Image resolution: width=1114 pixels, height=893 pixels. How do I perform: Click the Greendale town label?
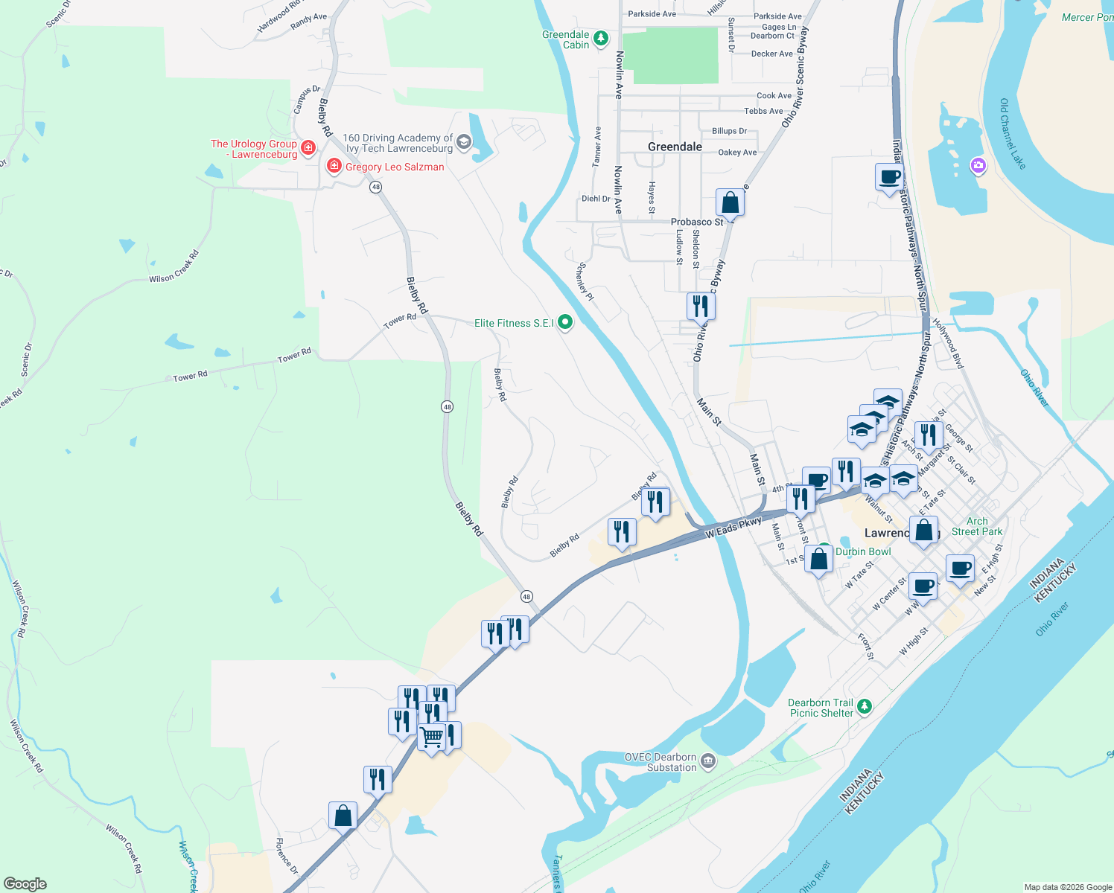[675, 147]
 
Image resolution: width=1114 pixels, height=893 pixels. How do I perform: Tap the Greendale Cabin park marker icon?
[601, 38]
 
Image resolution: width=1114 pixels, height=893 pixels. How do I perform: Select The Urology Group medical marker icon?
[308, 147]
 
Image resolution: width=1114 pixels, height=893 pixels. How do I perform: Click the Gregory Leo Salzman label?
[395, 167]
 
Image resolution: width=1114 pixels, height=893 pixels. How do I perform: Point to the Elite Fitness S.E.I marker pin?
[565, 322]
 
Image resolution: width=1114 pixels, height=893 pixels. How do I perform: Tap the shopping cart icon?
[432, 737]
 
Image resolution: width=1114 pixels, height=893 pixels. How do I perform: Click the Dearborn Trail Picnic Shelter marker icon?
[864, 706]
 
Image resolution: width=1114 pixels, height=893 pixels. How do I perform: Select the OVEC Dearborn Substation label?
[661, 762]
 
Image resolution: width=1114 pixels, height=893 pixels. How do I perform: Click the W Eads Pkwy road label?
[733, 528]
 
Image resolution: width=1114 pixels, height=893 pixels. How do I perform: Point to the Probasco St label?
[697, 222]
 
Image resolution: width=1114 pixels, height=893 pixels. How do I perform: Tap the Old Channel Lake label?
[1013, 134]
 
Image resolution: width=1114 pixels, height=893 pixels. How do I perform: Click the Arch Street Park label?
[977, 526]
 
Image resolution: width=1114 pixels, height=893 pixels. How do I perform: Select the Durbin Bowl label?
[863, 551]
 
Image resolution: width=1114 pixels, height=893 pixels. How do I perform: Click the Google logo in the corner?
[25, 884]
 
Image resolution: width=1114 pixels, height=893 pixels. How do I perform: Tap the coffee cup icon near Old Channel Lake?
[889, 177]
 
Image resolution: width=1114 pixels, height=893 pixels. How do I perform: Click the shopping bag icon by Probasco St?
[731, 202]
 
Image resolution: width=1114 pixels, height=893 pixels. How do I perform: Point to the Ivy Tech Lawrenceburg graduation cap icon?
[464, 142]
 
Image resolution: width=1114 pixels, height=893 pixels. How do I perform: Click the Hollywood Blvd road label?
[949, 344]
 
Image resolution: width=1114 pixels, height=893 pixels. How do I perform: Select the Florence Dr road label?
[287, 856]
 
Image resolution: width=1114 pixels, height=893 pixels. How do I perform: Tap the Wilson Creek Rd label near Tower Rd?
[174, 267]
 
